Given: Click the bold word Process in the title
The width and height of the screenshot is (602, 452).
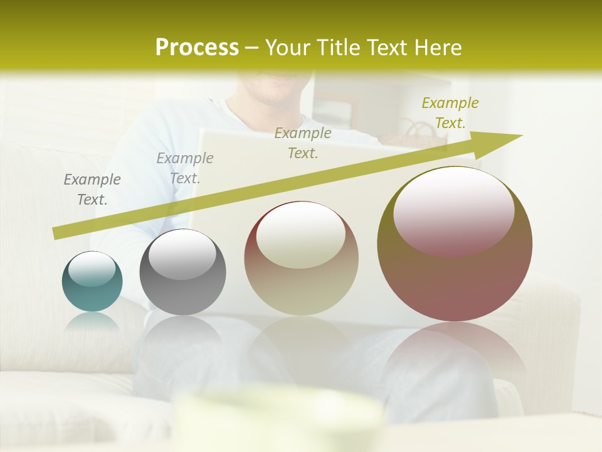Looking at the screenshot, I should tap(197, 48).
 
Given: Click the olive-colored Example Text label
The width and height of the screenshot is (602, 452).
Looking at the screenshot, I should tap(450, 113).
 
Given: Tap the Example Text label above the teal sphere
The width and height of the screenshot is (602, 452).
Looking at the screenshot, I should tap(92, 190).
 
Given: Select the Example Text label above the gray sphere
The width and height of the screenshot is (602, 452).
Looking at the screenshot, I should tap(185, 168).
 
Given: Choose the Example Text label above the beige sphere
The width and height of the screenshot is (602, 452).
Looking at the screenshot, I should tap(303, 143).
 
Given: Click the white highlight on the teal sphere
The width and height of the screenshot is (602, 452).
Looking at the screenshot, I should tap(92, 269).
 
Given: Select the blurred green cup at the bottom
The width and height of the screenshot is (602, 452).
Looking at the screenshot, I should tap(279, 417).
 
